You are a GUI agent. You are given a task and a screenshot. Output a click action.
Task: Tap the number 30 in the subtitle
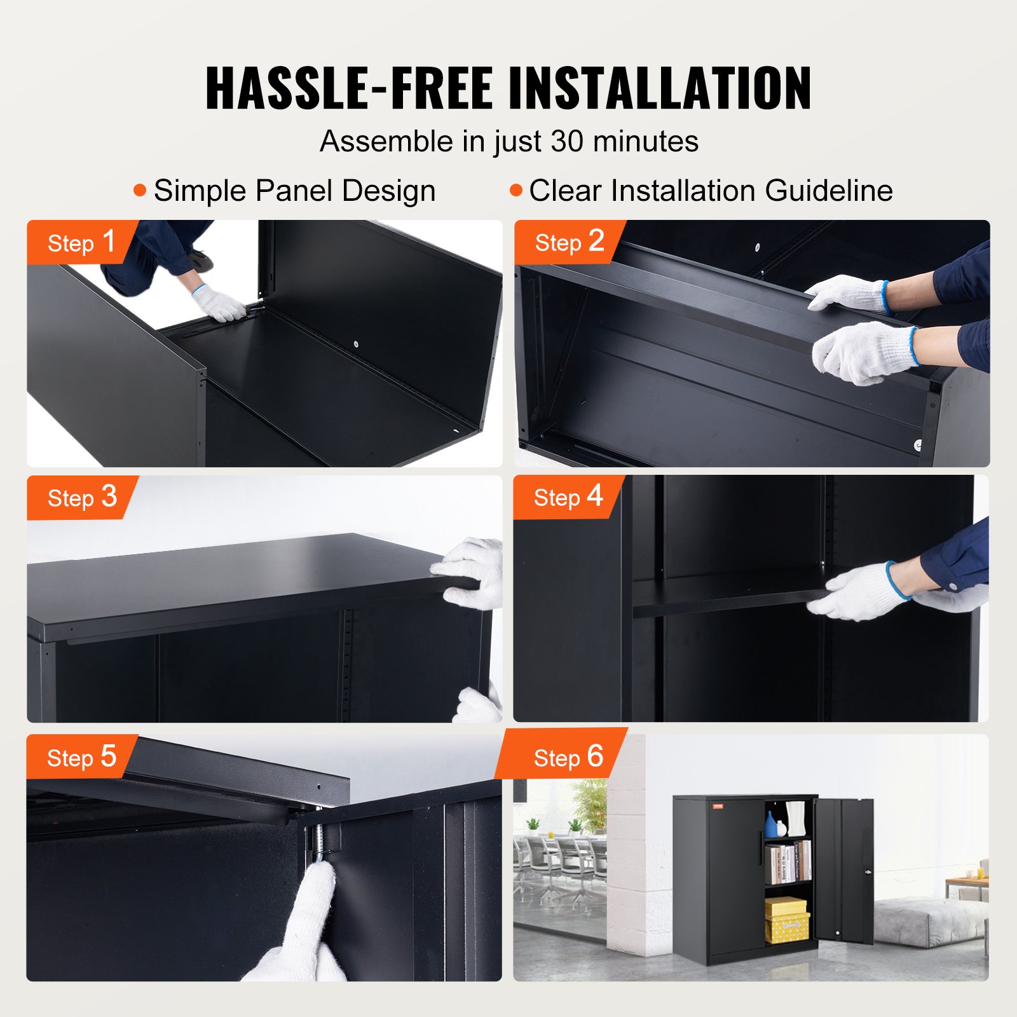(x=566, y=141)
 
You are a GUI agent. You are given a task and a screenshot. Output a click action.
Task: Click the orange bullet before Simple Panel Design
(x=140, y=190)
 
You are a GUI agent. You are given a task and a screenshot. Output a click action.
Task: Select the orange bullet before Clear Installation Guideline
(x=516, y=190)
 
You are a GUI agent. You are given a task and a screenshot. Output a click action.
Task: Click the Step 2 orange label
(x=568, y=242)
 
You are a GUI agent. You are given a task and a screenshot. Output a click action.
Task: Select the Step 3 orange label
(x=81, y=497)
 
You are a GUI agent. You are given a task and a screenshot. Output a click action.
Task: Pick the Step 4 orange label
(x=567, y=496)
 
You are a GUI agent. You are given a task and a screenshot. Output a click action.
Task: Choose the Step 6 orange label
(x=567, y=757)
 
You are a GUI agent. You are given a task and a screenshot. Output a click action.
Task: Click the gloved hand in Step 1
(x=219, y=303)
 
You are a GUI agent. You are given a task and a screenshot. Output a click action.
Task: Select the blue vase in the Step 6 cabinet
(x=771, y=826)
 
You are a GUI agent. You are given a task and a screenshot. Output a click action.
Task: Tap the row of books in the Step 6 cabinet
(x=788, y=863)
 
